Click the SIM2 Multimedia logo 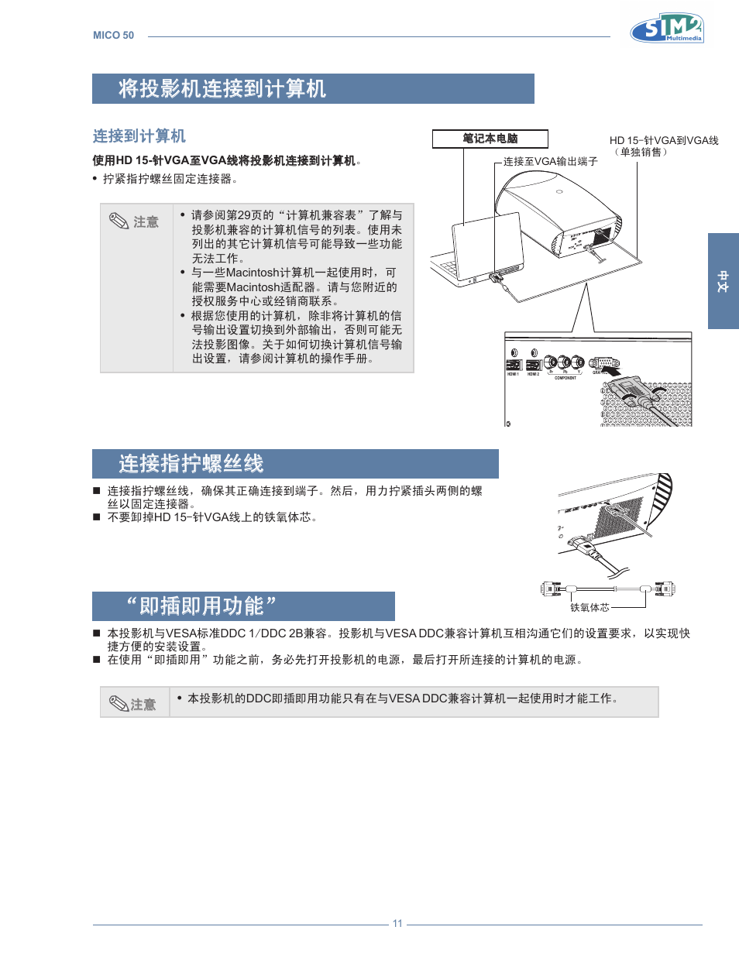click(667, 29)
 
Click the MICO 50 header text click(113, 36)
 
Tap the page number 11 click(397, 923)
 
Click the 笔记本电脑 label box click(490, 139)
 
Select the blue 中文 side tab click(723, 281)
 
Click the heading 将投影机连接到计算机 click(222, 89)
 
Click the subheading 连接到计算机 click(139, 136)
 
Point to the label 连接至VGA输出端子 click(550, 161)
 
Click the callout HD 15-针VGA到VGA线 click(663, 140)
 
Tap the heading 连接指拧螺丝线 click(191, 464)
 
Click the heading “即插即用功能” click(201, 606)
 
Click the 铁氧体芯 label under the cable click(589, 608)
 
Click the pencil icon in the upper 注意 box click(119, 221)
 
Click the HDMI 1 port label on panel click(513, 374)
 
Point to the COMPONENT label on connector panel click(565, 378)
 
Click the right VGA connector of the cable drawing click(665, 589)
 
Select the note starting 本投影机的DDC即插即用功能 click(403, 698)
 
